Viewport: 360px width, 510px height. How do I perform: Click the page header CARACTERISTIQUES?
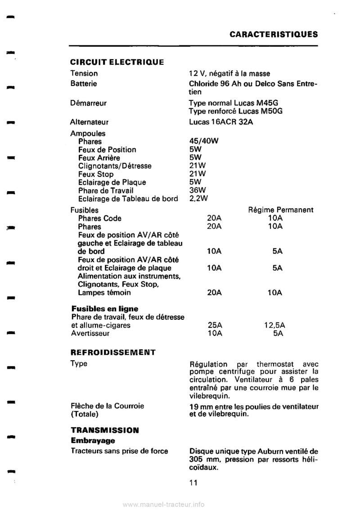pyautogui.click(x=273, y=34)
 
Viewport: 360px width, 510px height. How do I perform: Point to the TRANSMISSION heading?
pyautogui.click(x=104, y=430)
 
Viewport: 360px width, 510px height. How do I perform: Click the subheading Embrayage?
pyautogui.click(x=93, y=440)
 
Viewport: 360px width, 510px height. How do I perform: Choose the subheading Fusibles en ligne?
pyautogui.click(x=105, y=309)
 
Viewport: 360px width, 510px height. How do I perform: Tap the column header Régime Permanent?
pyautogui.click(x=281, y=210)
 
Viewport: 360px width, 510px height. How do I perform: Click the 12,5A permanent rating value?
pyautogui.click(x=277, y=325)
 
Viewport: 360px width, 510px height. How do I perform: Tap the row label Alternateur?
pyautogui.click(x=90, y=122)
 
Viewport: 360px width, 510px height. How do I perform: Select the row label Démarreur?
pyautogui.click(x=88, y=103)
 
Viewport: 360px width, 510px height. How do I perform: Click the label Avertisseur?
pyautogui.click(x=90, y=334)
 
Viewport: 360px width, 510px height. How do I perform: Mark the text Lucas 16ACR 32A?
pyautogui.click(x=220, y=122)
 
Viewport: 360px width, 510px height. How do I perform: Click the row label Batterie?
pyautogui.click(x=84, y=83)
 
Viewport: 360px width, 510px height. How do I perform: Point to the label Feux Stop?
pyautogui.click(x=96, y=174)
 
